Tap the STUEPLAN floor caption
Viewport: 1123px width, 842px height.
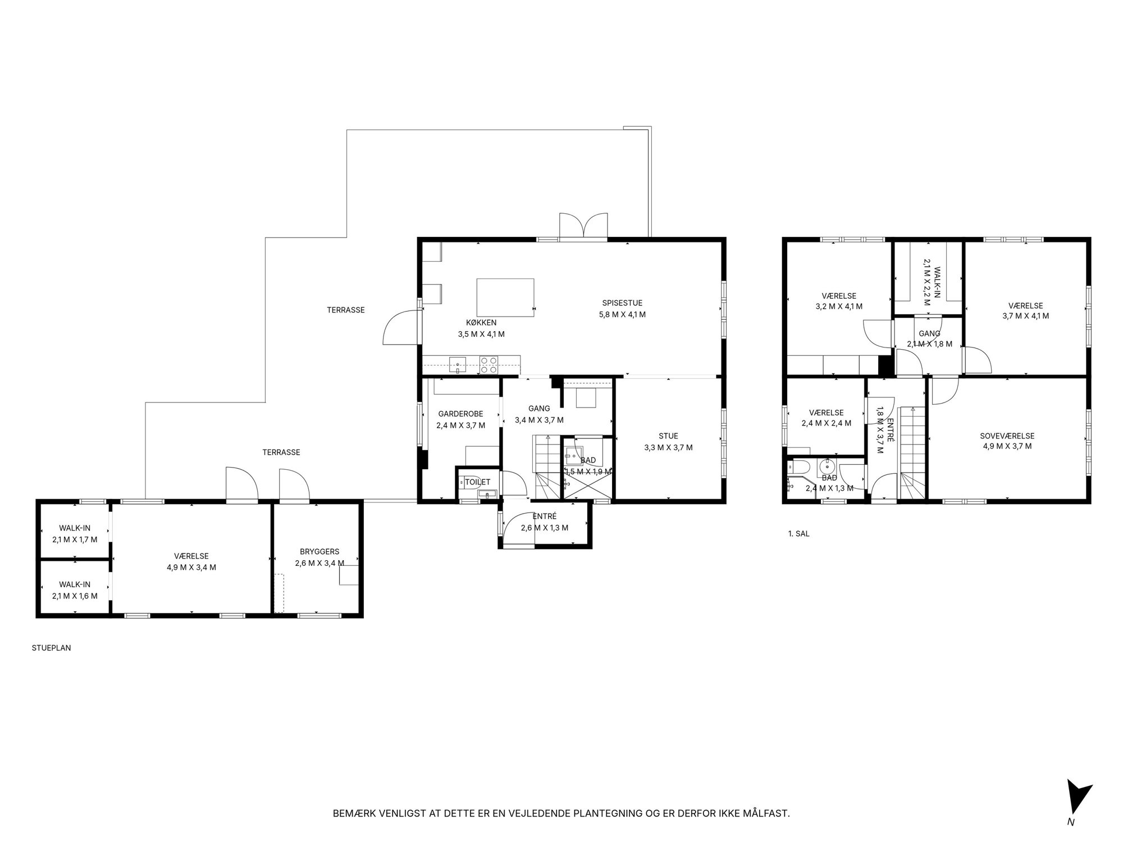[x=52, y=648]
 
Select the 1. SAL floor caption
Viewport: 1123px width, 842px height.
[x=798, y=534]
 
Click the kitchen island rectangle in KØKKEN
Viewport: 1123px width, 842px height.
[x=505, y=298]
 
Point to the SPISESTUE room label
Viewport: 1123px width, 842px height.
[x=622, y=303]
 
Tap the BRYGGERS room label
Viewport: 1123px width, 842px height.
[x=319, y=552]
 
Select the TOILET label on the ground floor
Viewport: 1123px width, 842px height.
[x=477, y=482]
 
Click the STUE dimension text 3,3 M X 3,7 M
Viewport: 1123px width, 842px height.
[x=668, y=447]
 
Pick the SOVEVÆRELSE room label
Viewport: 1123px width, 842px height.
[x=1007, y=436]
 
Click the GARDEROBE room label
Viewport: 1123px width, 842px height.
[x=460, y=414]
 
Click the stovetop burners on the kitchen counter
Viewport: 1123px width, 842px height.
[x=489, y=365]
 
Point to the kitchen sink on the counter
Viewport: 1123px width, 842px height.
[x=458, y=365]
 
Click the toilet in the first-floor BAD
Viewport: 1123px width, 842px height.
[x=798, y=467]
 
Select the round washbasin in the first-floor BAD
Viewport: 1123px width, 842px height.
[x=827, y=466]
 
